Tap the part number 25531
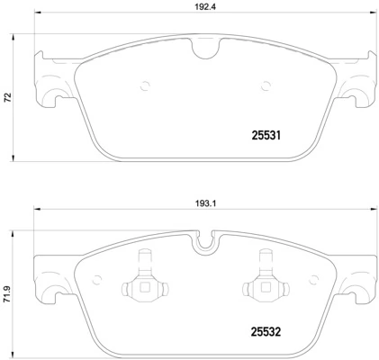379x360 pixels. coord(266,135)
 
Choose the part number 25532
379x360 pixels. coord(266,330)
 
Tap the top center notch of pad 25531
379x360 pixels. coord(207,53)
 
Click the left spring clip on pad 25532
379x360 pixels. coord(142,286)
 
